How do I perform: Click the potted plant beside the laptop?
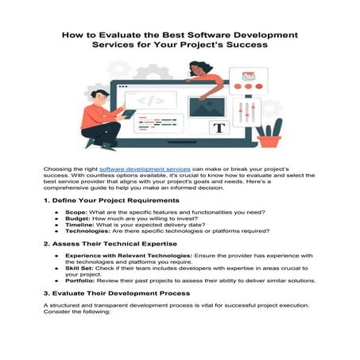point(269,135)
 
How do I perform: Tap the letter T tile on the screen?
point(219,127)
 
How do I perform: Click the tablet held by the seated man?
point(128,114)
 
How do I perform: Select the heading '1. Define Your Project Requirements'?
point(110,200)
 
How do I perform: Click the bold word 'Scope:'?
point(76,212)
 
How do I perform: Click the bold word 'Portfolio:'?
point(80,280)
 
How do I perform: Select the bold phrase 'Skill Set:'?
point(80,267)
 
